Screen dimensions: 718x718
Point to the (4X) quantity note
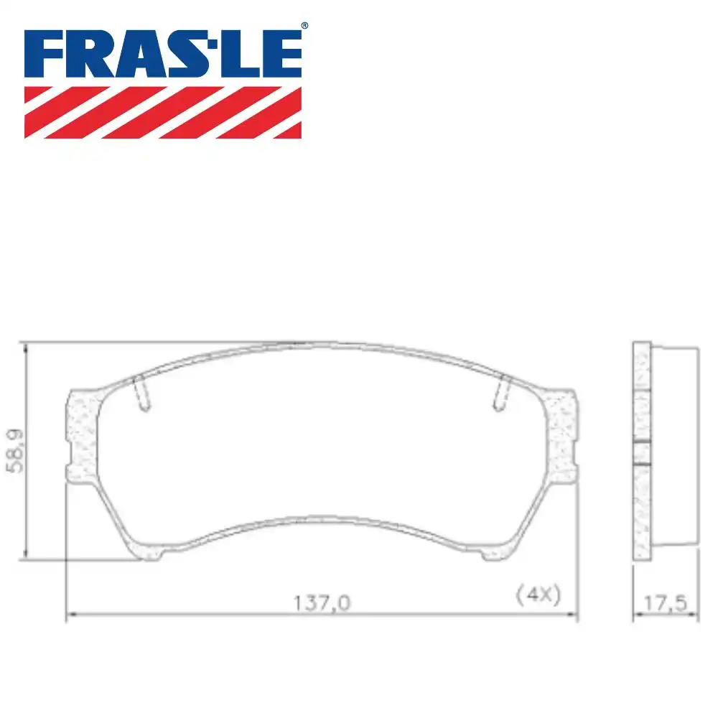coord(538,595)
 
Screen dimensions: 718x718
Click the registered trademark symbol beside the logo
coord(304,26)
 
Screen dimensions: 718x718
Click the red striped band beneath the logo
coord(163,112)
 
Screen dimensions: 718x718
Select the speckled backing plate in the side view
coord(641,449)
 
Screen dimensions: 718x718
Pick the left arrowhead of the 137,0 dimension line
coord(69,615)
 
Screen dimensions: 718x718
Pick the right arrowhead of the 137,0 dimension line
coord(574,615)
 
